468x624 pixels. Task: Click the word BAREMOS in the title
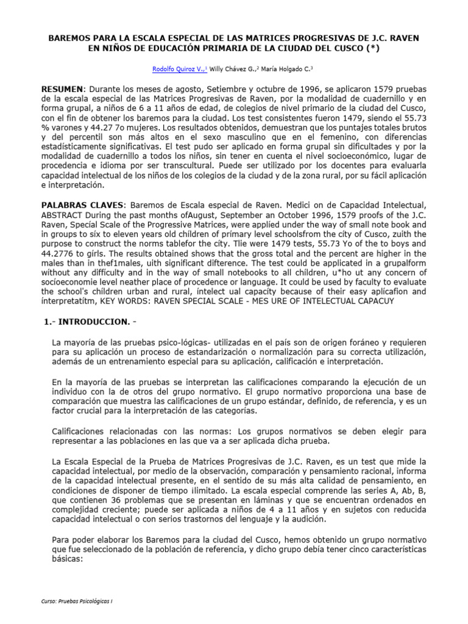click(71, 38)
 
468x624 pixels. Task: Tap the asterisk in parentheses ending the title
click(370, 49)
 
